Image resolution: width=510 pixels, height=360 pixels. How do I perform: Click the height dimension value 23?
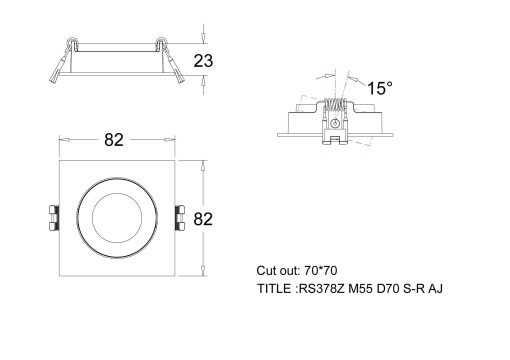click(204, 60)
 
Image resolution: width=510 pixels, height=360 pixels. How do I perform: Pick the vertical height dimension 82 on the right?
click(204, 218)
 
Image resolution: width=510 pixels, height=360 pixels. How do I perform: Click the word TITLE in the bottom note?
click(273, 289)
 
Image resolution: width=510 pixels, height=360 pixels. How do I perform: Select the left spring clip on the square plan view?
click(53, 218)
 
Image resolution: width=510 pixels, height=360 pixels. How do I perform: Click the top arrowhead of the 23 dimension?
click(203, 35)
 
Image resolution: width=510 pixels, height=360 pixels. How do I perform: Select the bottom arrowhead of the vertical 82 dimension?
click(203, 276)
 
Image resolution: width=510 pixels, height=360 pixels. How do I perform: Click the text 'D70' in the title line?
click(385, 289)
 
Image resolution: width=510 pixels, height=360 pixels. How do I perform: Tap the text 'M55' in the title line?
click(357, 289)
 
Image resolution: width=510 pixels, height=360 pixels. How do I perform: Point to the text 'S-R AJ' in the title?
click(423, 289)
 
